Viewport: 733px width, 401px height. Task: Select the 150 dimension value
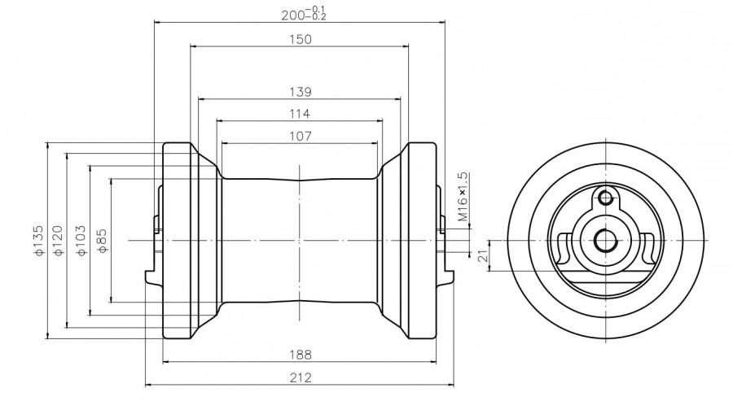[299, 39]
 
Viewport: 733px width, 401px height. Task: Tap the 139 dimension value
[299, 91]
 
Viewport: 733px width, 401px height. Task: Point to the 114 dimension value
[299, 114]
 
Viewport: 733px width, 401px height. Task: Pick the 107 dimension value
[299, 137]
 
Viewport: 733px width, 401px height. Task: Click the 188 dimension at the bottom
[299, 354]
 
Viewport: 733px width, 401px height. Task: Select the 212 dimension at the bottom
[299, 377]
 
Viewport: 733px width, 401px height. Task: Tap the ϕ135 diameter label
[38, 241]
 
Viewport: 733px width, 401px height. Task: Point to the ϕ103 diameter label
[80, 241]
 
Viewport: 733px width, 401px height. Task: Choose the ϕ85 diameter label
[102, 241]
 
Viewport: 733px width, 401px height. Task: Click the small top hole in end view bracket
[604, 196]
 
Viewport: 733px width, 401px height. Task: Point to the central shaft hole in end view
[605, 240]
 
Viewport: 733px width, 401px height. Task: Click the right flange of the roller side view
[420, 241]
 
